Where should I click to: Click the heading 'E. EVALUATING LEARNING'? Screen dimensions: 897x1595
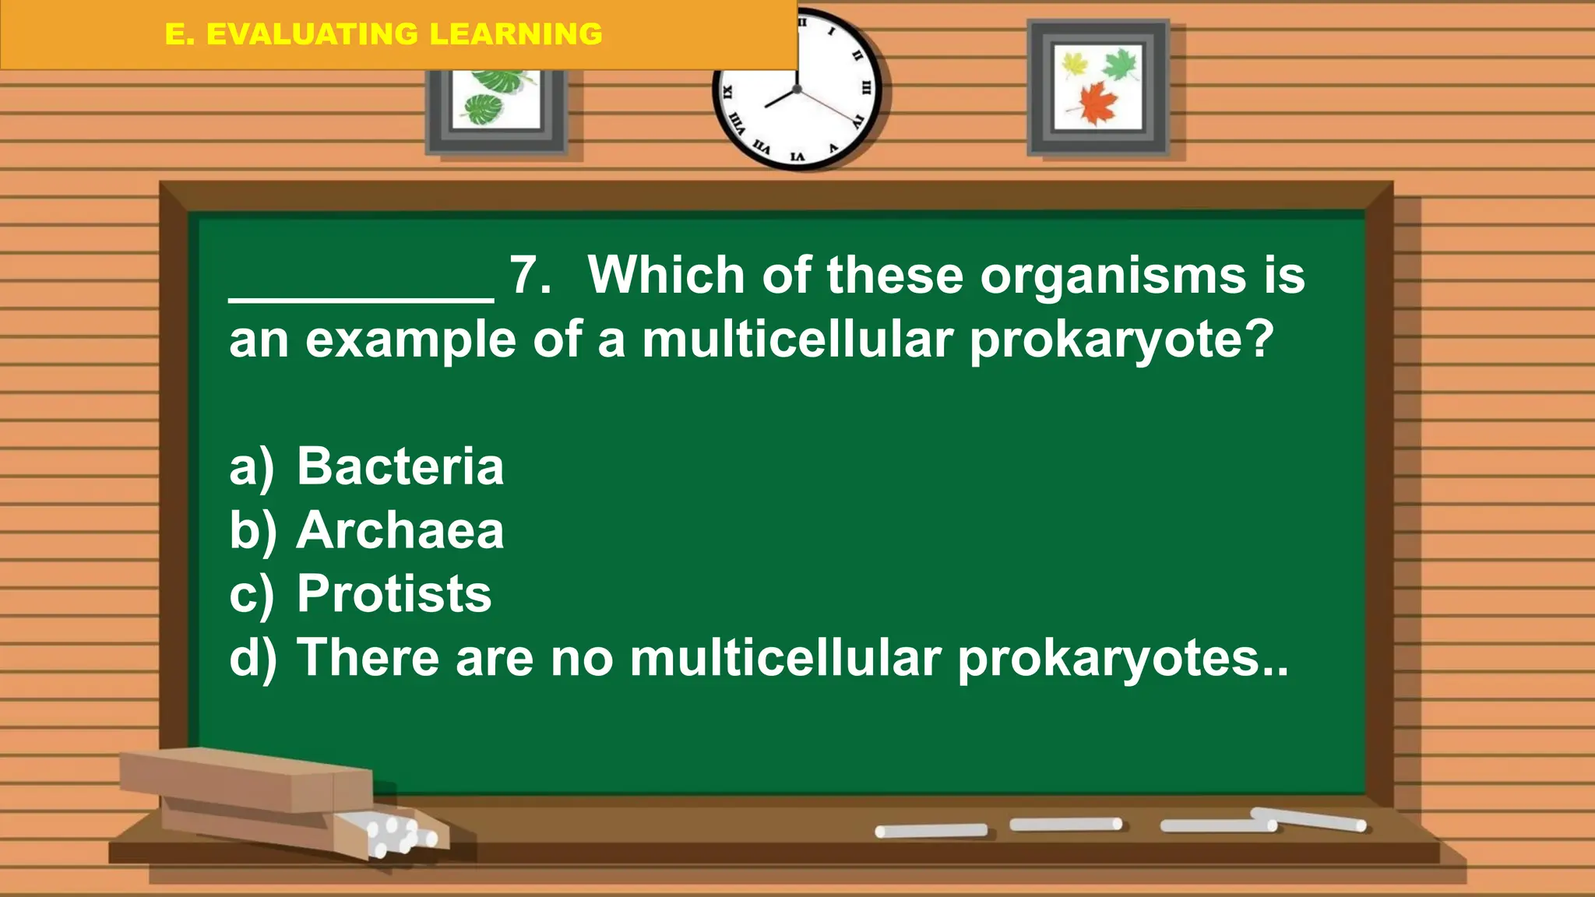click(x=383, y=34)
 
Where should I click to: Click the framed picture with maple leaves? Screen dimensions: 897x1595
click(x=1098, y=87)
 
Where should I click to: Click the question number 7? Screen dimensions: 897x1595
click(x=530, y=276)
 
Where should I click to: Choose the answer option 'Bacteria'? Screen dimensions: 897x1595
click(x=400, y=467)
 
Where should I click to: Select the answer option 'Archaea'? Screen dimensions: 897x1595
click(x=400, y=531)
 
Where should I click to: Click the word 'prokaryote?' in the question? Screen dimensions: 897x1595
click(x=1121, y=341)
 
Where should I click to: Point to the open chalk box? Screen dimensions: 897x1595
click(x=280, y=802)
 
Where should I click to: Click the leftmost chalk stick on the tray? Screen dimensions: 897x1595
click(x=931, y=831)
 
